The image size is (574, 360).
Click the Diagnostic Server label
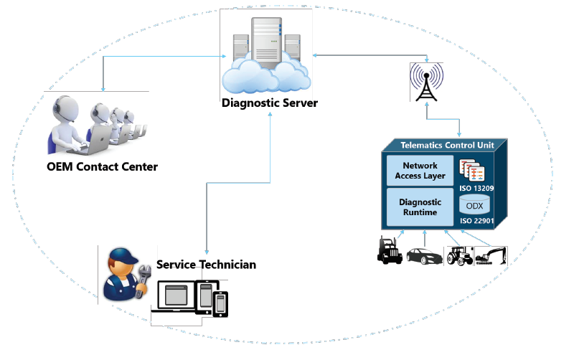269,103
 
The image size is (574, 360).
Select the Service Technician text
206,265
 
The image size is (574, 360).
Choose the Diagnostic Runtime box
420,207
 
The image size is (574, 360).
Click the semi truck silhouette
390,250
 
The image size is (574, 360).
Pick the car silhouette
425,254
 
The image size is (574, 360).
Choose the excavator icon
491,255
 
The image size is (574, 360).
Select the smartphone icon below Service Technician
220,303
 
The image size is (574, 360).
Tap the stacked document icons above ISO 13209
473,170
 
